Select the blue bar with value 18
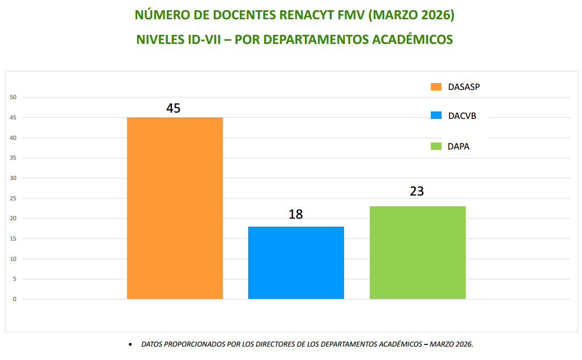click(x=296, y=262)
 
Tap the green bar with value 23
click(x=417, y=252)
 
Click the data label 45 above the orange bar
click(x=174, y=108)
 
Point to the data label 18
click(x=296, y=214)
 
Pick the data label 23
click(x=417, y=191)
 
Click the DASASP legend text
click(x=464, y=87)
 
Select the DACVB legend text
click(x=462, y=116)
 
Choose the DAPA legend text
click(x=459, y=146)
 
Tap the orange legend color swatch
click(x=436, y=87)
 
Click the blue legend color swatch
click(x=436, y=116)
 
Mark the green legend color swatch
click(x=436, y=146)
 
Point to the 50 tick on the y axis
click(x=14, y=97)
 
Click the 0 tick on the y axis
click(x=15, y=299)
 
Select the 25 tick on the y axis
click(x=14, y=198)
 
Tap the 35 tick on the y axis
click(x=14, y=158)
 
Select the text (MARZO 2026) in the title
click(x=412, y=15)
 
